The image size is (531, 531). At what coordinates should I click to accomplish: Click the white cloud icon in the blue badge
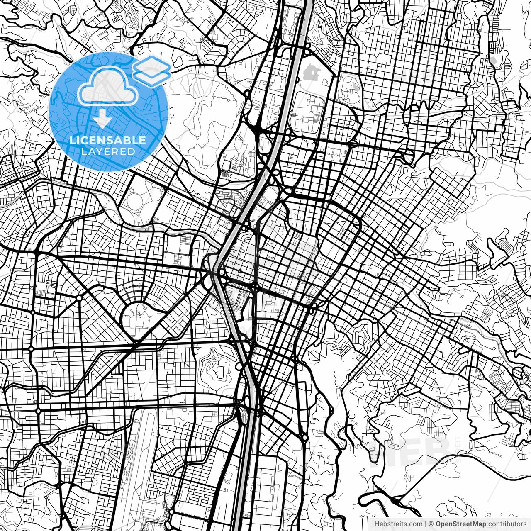point(109,86)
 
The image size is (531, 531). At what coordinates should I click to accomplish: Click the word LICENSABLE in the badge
point(108,140)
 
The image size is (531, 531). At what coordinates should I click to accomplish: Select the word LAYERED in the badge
point(108,151)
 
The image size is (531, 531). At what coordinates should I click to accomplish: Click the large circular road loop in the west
point(139,317)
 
